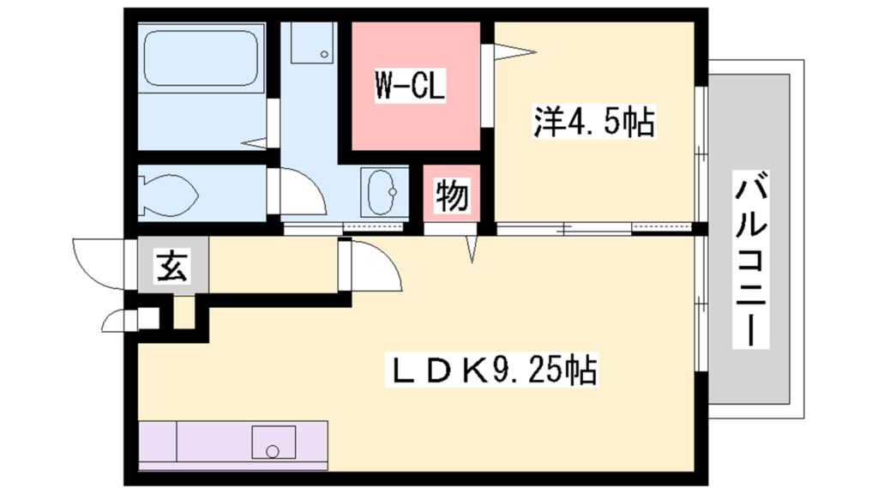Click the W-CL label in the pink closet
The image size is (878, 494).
click(x=410, y=87)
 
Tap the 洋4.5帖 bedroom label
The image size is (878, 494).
click(x=594, y=123)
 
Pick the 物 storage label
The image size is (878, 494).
click(x=451, y=196)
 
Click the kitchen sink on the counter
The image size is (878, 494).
click(x=273, y=443)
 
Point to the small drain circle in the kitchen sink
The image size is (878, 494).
click(x=273, y=452)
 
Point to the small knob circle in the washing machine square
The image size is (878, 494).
click(x=325, y=55)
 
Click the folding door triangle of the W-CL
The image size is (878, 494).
click(x=513, y=53)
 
